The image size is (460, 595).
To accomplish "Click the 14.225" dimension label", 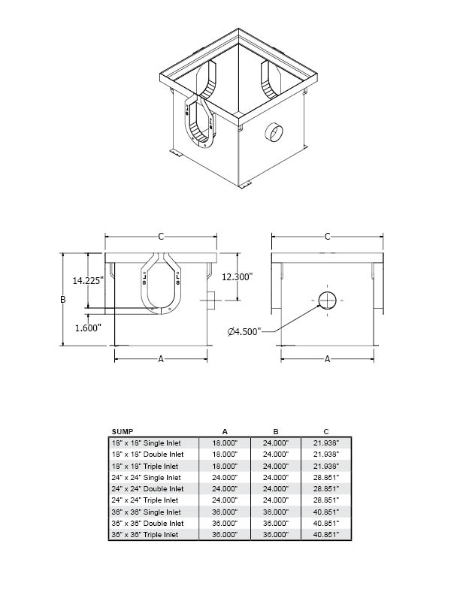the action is [x=88, y=280].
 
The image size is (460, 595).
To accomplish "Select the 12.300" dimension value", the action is [x=237, y=277].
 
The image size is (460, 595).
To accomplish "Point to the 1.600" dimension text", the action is [x=88, y=328].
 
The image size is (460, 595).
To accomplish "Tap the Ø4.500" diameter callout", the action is [x=244, y=331].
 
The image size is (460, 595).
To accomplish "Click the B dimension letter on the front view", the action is [x=63, y=300].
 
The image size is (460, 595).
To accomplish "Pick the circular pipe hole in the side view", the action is [x=327, y=301].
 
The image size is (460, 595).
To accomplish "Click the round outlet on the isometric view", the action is [x=274, y=133].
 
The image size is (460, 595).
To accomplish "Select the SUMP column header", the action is [x=123, y=431].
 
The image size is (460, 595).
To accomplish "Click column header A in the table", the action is [x=225, y=431].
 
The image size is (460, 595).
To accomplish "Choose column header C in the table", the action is [x=326, y=431].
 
